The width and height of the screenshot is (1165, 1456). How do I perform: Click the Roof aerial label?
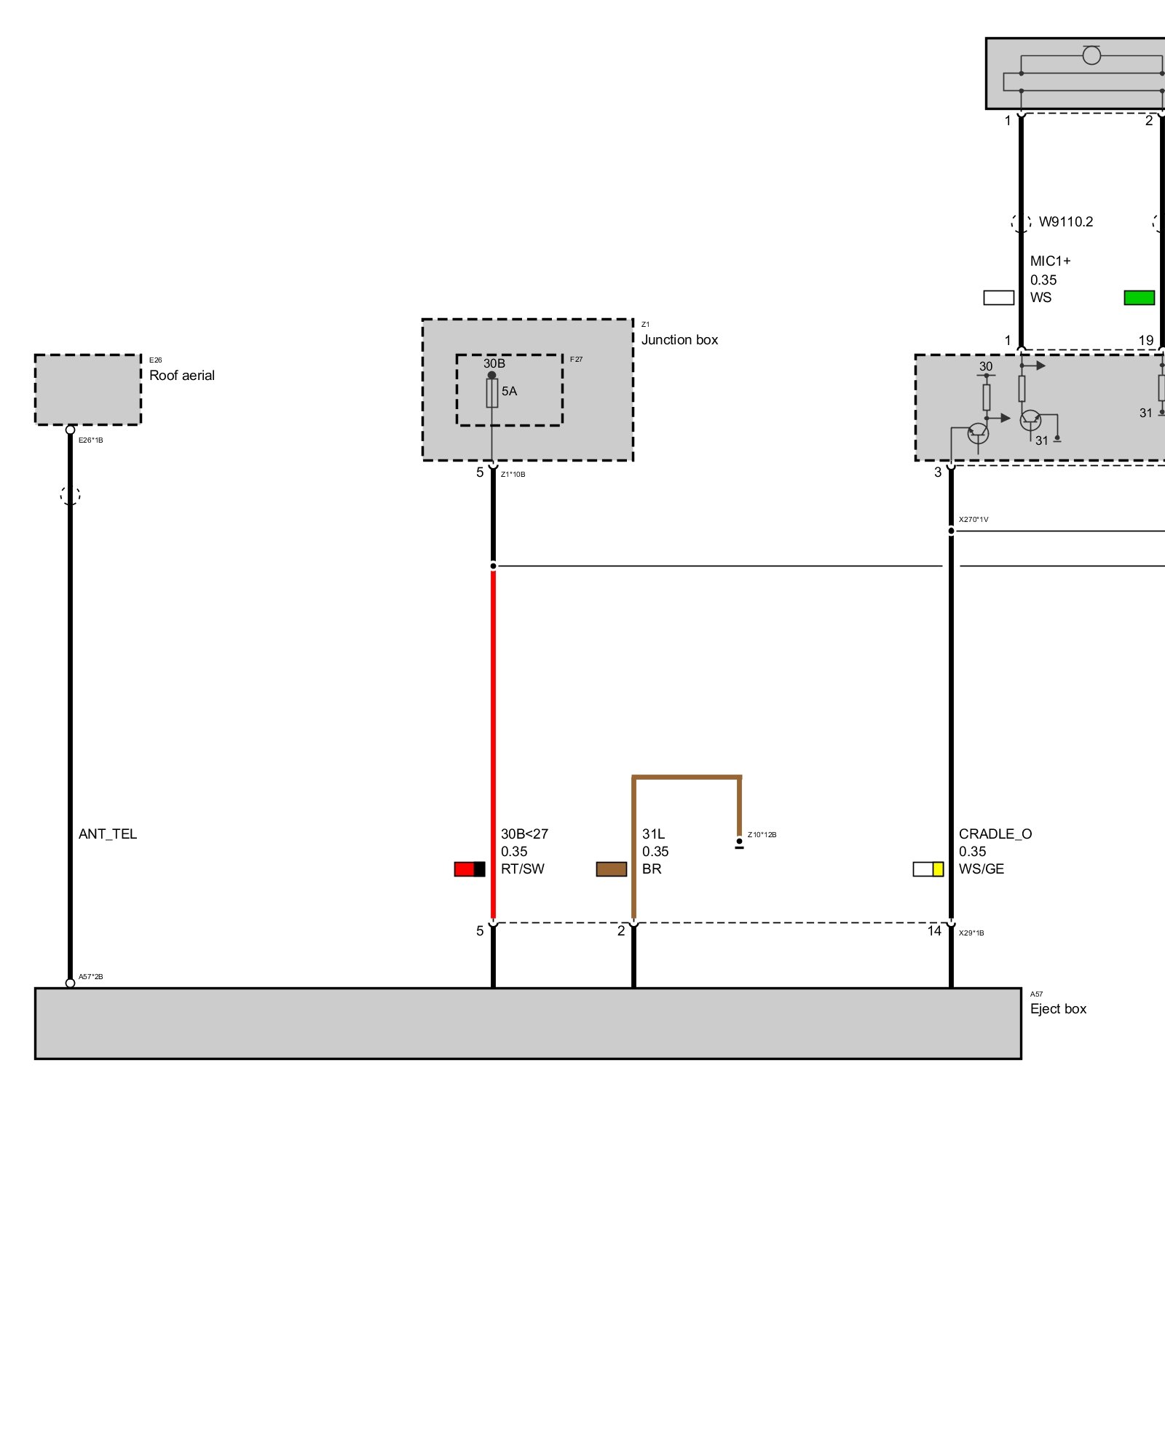(181, 376)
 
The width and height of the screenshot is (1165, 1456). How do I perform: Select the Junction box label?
(679, 340)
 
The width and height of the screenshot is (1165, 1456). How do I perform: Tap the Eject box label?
(1058, 1009)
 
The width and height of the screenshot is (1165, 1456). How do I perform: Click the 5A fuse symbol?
(492, 393)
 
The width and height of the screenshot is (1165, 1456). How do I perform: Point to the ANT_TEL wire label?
(108, 834)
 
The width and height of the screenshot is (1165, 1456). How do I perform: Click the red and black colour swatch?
(469, 869)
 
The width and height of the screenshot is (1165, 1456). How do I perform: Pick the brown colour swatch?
(611, 869)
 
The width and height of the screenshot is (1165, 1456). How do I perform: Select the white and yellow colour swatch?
(928, 869)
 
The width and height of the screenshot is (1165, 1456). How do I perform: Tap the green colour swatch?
(1139, 298)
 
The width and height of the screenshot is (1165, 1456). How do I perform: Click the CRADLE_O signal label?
(995, 834)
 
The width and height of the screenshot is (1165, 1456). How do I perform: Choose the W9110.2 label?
(1066, 222)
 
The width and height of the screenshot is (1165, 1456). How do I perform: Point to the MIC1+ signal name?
(1050, 261)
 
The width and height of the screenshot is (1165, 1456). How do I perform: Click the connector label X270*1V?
(974, 520)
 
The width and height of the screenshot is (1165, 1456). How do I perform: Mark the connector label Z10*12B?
(762, 835)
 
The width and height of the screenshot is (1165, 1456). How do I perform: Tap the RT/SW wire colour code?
(523, 869)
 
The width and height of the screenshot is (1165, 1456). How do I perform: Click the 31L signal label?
(653, 834)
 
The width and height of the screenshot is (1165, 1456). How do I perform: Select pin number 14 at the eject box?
(934, 931)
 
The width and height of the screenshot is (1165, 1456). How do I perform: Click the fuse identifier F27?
(576, 360)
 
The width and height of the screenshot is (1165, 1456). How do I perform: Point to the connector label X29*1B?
(971, 933)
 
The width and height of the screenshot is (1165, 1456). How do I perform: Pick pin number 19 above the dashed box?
(1146, 341)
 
